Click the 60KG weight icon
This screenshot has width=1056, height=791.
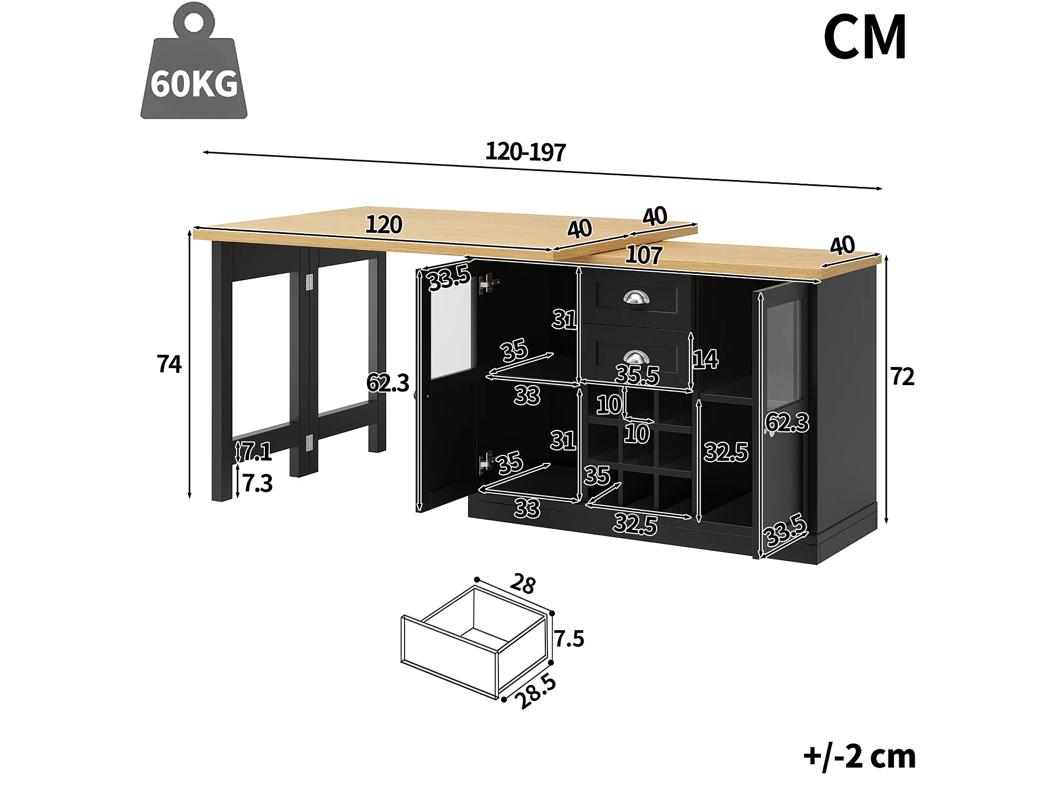pos(194,64)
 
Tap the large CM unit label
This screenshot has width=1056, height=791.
pos(865,38)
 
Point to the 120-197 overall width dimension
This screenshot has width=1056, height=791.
pos(525,152)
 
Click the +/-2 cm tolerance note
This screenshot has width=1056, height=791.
pos(859,756)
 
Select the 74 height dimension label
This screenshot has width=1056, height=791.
pos(170,364)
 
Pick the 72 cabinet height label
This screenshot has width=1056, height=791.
pos(902,377)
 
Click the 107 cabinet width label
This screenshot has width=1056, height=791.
pos(644,255)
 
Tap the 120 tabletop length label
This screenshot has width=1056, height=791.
pos(384,225)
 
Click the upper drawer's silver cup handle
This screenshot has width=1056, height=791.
pos(636,298)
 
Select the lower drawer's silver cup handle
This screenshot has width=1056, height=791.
pos(636,357)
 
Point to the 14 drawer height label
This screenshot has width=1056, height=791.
pos(705,359)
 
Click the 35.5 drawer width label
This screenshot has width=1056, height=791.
pos(637,375)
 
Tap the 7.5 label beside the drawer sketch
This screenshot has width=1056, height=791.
pos(569,638)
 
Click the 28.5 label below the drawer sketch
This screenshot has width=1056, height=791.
pos(536,692)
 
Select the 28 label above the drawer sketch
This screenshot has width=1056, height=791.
pos(522,584)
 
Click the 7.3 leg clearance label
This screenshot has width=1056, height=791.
pos(257,483)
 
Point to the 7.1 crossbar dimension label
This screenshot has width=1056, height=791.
pos(257,452)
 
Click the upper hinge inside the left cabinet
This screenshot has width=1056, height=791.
pos(488,284)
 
